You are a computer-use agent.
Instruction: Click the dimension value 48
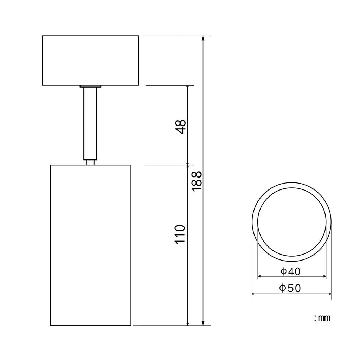180,127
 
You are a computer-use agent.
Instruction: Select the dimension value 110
180,234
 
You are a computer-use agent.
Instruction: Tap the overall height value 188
197,181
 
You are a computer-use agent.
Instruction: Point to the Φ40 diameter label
290,272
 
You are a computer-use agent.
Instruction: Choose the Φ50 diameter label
290,288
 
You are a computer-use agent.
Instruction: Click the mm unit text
322,318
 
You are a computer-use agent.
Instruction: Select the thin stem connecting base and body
90,123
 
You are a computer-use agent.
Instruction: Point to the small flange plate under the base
90,86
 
